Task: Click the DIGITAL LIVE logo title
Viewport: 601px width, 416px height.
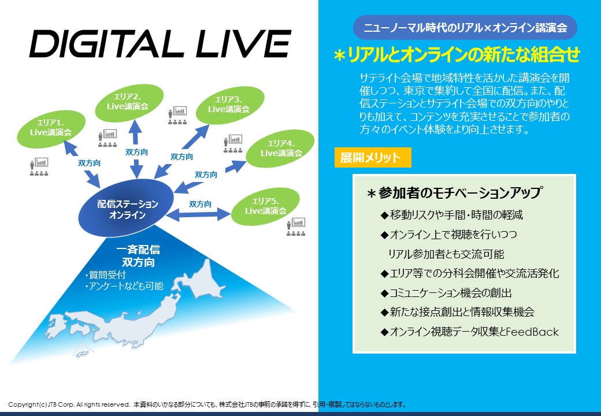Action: [160, 44]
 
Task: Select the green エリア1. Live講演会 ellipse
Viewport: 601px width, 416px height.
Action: [51, 129]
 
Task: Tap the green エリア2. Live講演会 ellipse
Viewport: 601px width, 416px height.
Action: [129, 103]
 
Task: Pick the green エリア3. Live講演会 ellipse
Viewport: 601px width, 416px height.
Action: [230, 105]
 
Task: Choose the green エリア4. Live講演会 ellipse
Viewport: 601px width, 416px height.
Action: [280, 148]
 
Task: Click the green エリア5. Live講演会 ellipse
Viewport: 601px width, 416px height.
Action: [265, 206]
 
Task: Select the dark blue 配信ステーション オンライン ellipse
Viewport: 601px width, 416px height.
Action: [127, 208]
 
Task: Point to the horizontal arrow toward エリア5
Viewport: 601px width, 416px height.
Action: [198, 214]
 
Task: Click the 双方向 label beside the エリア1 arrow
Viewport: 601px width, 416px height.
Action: [90, 163]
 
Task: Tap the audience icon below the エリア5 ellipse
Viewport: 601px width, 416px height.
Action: [296, 226]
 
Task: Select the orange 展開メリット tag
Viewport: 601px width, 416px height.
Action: [373, 157]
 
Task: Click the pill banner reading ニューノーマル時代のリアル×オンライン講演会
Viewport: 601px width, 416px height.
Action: [465, 28]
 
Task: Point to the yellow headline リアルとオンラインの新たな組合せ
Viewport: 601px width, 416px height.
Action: [457, 55]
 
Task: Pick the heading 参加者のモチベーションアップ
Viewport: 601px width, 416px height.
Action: [455, 192]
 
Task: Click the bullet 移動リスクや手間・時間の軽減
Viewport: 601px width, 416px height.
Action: [452, 215]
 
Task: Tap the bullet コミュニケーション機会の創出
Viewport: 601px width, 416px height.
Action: [446, 293]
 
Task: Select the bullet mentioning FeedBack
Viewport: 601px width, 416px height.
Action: [469, 332]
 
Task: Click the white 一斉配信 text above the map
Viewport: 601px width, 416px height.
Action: [138, 250]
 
